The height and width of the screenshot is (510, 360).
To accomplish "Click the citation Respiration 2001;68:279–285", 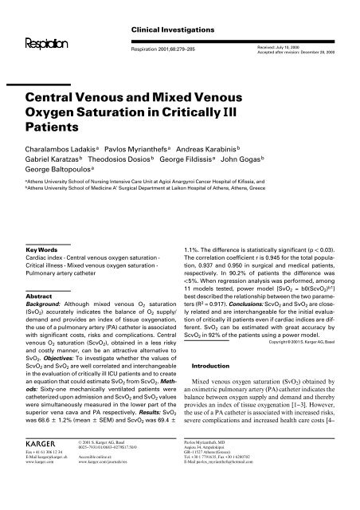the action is pyautogui.click(x=165, y=49).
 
